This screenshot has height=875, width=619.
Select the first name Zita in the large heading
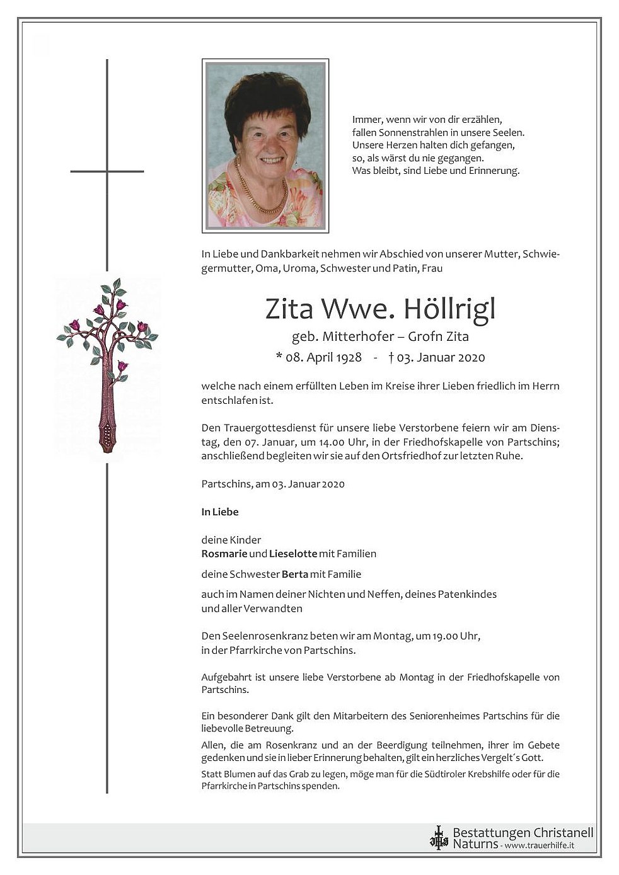point(287,309)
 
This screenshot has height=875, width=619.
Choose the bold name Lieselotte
point(292,554)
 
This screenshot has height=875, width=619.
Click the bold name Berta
point(295,574)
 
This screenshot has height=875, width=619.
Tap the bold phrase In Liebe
point(220,512)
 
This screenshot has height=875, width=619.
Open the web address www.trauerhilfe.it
point(540,845)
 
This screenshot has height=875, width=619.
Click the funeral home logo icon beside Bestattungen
point(438,838)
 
